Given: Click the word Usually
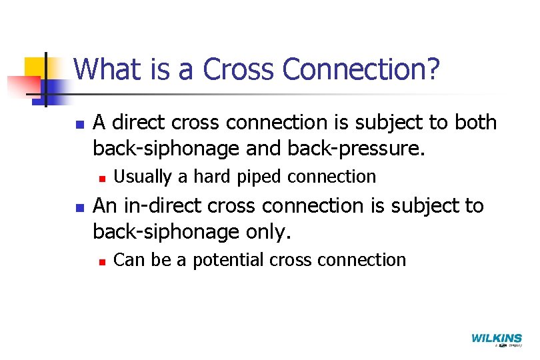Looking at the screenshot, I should pyautogui.click(x=143, y=177).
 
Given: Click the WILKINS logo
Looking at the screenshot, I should pyautogui.click(x=496, y=339).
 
